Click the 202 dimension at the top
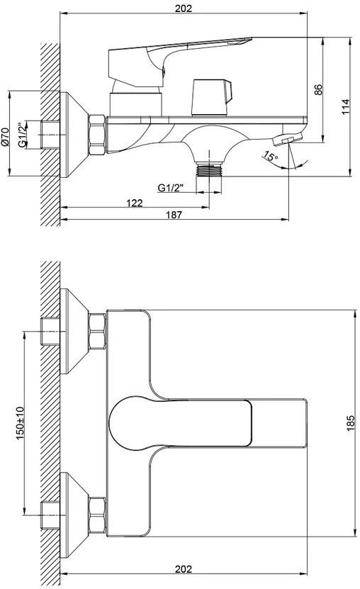tap(184, 9)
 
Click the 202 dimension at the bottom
tap(184, 569)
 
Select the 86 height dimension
tap(318, 90)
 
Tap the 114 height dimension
tap(346, 107)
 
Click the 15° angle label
tap(270, 155)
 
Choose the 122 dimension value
tap(135, 203)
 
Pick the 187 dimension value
tap(174, 215)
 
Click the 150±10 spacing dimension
tap(20, 423)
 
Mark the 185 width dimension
tap(350, 423)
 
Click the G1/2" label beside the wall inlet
tap(23, 135)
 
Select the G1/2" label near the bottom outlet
tap(171, 188)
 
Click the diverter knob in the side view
tap(211, 97)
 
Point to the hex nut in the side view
tap(97, 135)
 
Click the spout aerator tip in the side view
tap(287, 140)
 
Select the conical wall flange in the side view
tap(74, 135)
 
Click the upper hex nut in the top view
tap(97, 331)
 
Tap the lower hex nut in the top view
tap(97, 515)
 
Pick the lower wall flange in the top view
tap(74, 515)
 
